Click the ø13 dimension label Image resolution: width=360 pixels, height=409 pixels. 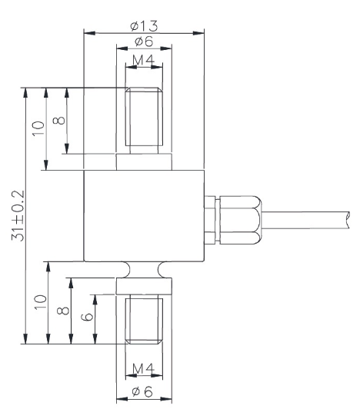click(x=144, y=25)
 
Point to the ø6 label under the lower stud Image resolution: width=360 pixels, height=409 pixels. click(x=144, y=391)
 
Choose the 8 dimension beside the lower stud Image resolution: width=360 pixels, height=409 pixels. click(x=63, y=311)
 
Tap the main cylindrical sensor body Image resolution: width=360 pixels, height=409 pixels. click(x=143, y=216)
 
